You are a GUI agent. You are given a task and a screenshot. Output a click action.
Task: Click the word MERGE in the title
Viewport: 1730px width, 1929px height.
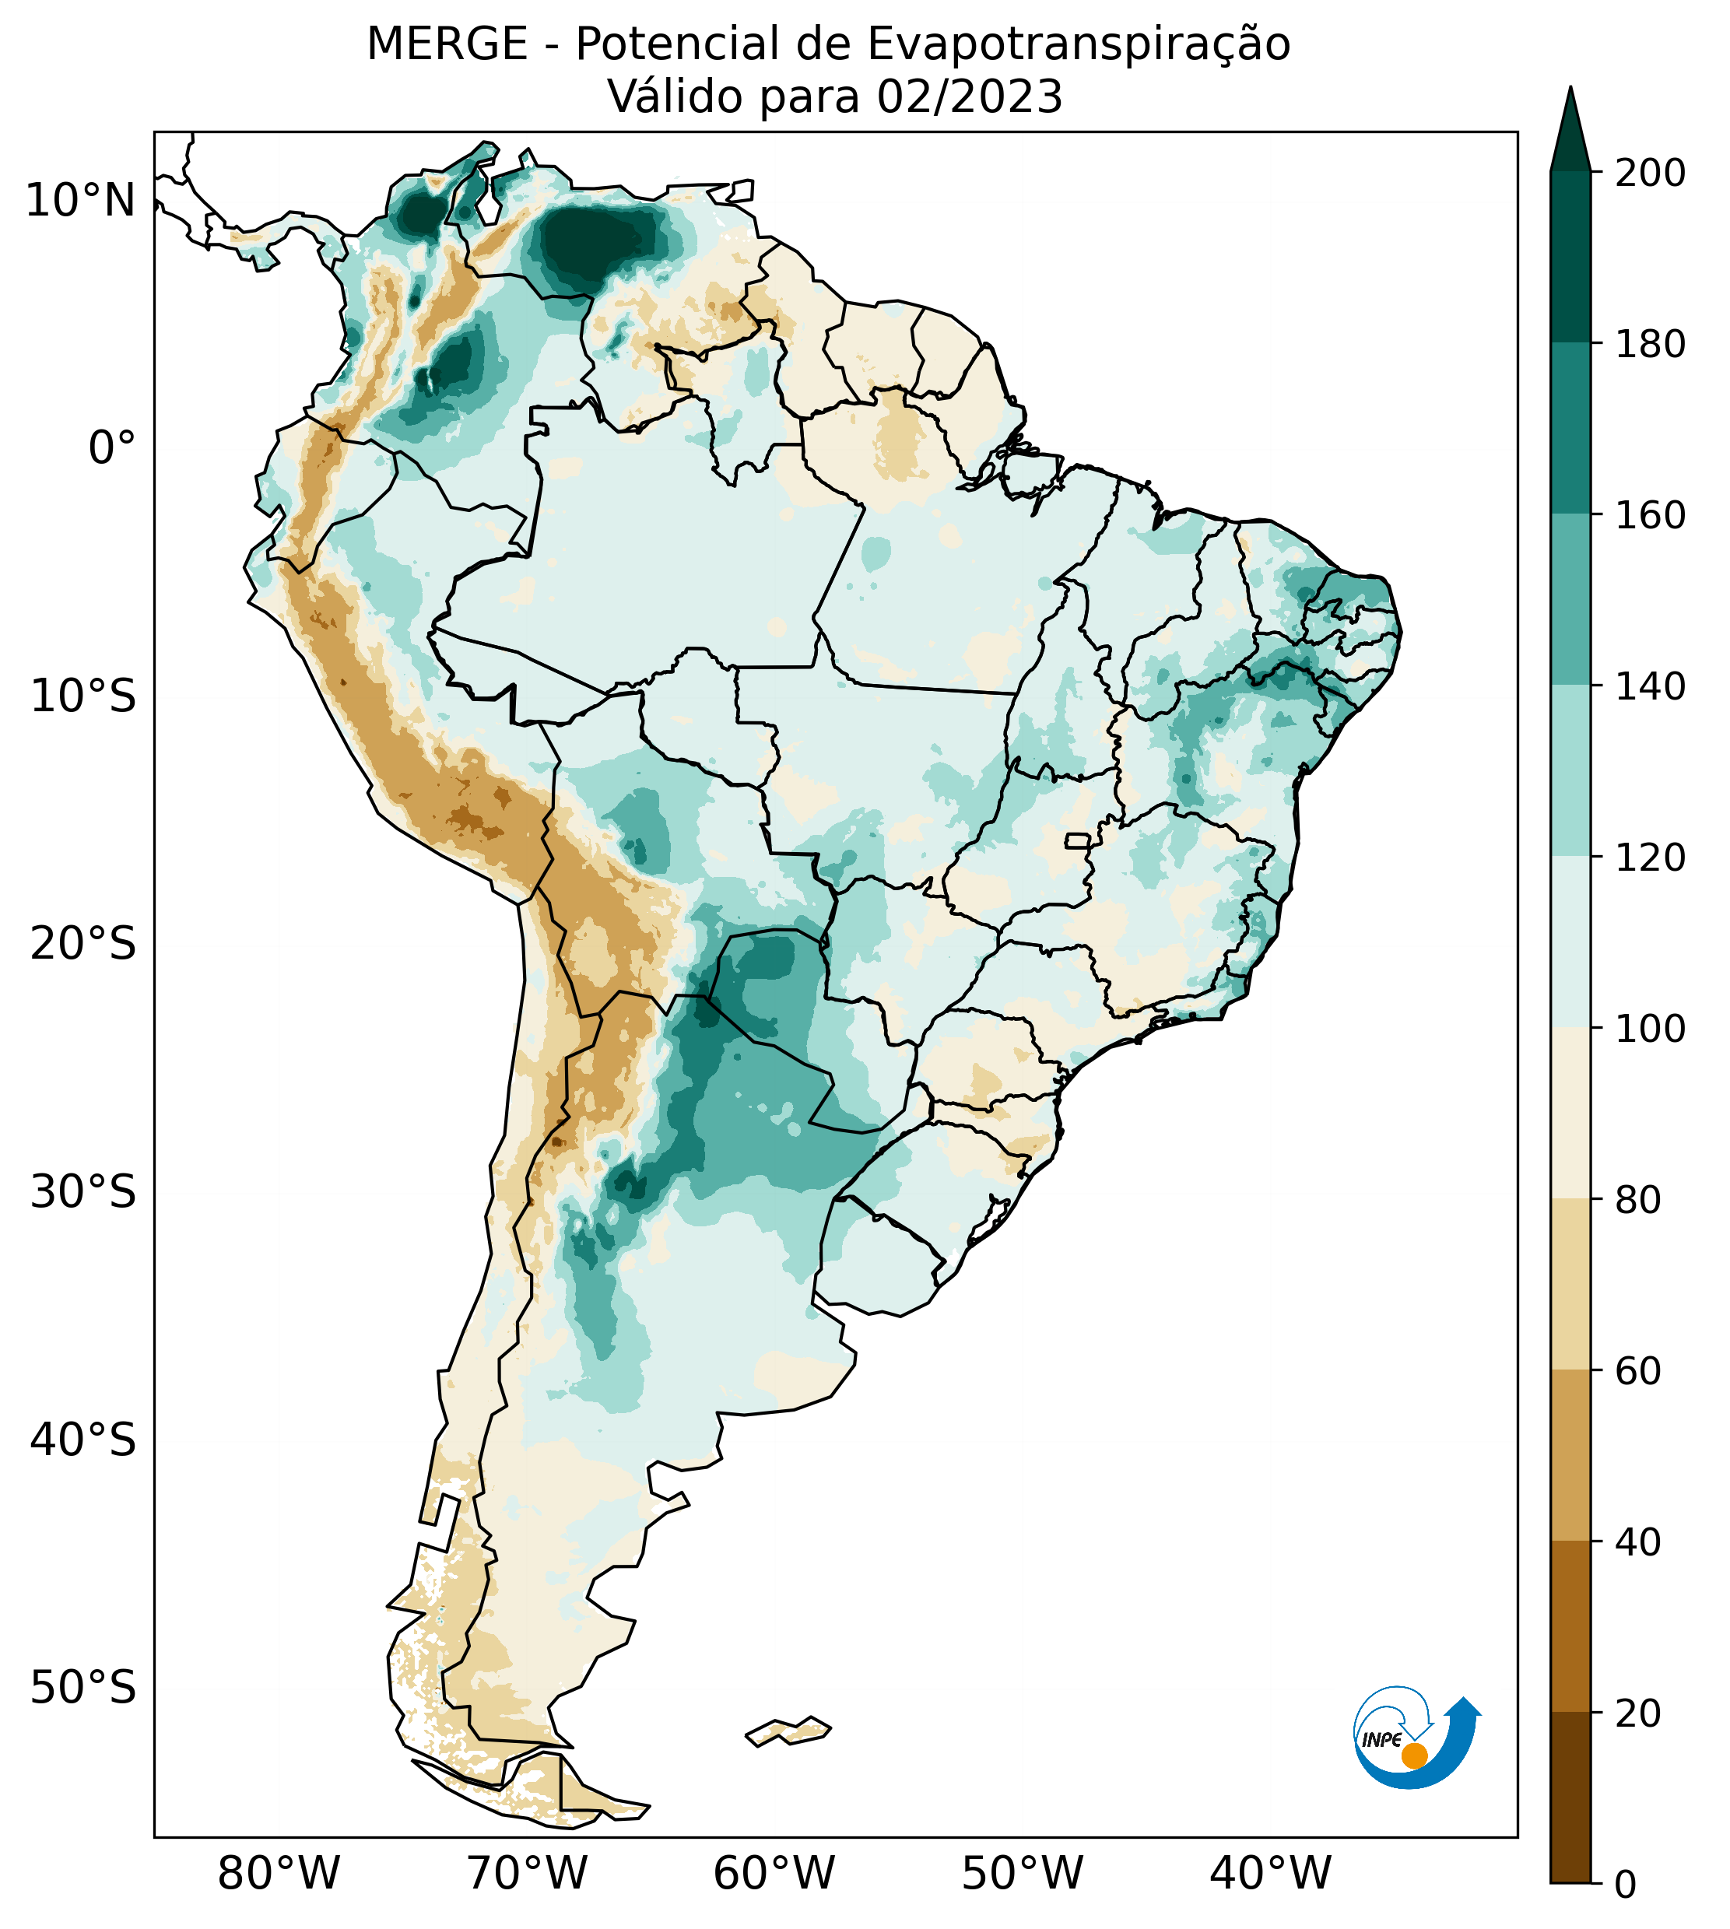pos(447,44)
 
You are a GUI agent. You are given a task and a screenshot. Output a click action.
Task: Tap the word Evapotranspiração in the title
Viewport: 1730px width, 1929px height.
pos(1079,44)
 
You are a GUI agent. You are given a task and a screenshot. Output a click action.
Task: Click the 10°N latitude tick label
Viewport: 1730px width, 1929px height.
pos(80,202)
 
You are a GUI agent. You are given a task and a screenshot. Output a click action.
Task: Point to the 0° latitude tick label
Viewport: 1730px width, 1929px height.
pos(112,448)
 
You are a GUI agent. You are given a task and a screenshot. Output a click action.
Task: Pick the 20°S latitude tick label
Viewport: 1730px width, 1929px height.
pos(83,945)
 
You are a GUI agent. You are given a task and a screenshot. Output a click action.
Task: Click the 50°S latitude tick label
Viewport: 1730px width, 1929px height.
pos(83,1689)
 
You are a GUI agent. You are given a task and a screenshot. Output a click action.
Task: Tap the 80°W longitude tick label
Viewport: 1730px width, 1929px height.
pos(279,1874)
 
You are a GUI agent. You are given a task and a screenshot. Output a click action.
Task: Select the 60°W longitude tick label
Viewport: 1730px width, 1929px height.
pos(774,1874)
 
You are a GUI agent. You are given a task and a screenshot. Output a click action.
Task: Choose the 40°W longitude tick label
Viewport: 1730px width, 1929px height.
pos(1271,1874)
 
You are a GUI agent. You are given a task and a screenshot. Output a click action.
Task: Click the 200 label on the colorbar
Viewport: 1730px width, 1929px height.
pos(1650,173)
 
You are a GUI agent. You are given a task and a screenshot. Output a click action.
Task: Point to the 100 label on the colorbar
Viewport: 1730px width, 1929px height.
pos(1650,1028)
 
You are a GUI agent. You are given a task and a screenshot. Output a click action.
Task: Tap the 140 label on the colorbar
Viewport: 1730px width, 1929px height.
pos(1650,686)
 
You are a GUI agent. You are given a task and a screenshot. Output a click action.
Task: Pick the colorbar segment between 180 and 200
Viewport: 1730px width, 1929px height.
pos(1570,257)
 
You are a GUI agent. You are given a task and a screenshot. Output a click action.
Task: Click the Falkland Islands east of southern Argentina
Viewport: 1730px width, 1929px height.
pos(789,1731)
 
